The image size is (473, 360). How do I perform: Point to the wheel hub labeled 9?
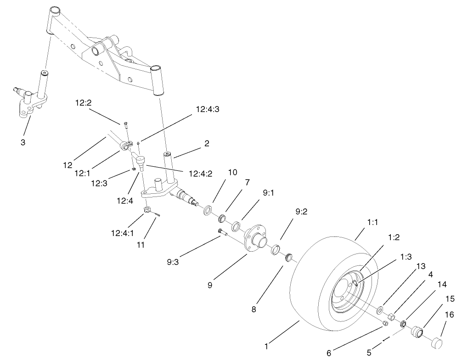[257, 238]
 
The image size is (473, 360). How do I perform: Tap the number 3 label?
[23, 142]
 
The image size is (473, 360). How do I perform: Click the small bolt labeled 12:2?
[125, 124]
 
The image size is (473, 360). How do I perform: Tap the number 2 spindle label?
[207, 143]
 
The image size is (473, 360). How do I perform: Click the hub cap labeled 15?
[417, 332]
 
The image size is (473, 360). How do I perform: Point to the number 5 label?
[369, 353]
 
